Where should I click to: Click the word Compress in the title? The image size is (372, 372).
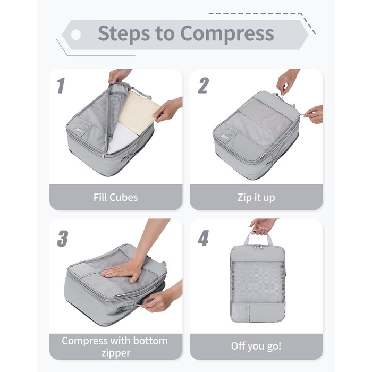(x=227, y=34)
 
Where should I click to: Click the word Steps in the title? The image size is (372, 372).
(x=124, y=33)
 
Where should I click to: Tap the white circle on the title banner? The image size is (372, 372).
(x=75, y=35)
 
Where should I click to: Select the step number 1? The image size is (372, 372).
(x=61, y=86)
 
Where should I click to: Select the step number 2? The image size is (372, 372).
(x=204, y=86)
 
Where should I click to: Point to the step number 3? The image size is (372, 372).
(x=63, y=238)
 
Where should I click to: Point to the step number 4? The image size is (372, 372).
(x=204, y=238)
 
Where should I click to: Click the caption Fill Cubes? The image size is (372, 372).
(x=115, y=197)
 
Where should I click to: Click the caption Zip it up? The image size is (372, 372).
(x=256, y=198)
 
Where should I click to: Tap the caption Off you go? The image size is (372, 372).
(x=256, y=346)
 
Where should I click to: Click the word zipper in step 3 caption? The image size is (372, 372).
(x=116, y=353)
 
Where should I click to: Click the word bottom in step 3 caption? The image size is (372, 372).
(x=150, y=341)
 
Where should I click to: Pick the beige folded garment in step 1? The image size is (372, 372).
(x=139, y=113)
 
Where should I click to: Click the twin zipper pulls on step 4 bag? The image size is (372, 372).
(x=258, y=247)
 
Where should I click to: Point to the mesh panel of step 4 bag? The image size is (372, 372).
(x=258, y=282)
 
